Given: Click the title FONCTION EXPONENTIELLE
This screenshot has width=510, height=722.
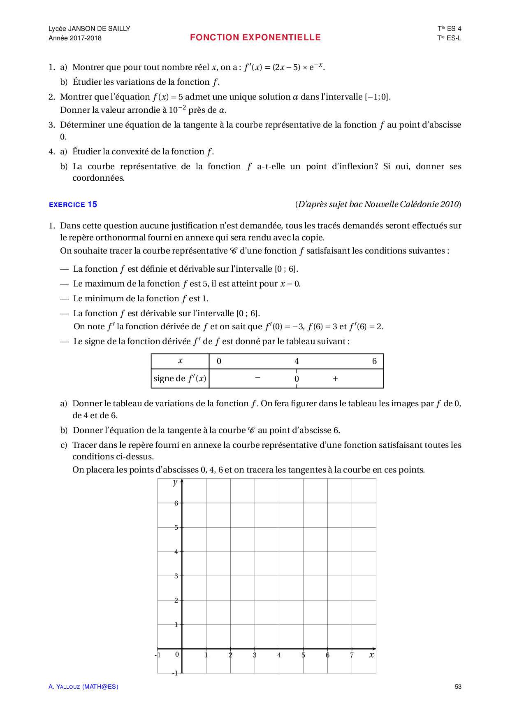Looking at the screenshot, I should pyautogui.click(x=255, y=37).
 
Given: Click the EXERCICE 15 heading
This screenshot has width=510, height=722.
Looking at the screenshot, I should pyautogui.click(x=73, y=205).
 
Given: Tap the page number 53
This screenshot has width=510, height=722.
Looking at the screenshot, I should pyautogui.click(x=458, y=687).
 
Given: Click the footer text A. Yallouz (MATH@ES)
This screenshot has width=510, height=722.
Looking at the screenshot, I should pyautogui.click(x=83, y=687).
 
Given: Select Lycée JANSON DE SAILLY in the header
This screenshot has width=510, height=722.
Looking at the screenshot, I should pyautogui.click(x=89, y=28).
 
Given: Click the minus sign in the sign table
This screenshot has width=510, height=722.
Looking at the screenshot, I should pyautogui.click(x=257, y=377).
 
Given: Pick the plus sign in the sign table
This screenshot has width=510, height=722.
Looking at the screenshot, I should pyautogui.click(x=335, y=379).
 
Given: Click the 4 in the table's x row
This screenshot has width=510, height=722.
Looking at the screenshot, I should pyautogui.click(x=297, y=361).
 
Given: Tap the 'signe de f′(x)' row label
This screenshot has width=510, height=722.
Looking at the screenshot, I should pyautogui.click(x=180, y=378).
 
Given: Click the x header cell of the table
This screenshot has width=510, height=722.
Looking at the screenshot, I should pyautogui.click(x=180, y=361).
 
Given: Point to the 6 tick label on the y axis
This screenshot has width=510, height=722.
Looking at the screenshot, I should pyautogui.click(x=176, y=503).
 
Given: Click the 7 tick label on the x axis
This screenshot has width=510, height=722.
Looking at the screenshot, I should pyautogui.click(x=352, y=655).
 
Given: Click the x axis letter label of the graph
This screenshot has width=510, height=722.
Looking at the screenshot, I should pyautogui.click(x=371, y=655).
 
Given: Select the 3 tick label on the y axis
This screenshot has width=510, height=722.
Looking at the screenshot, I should pyautogui.click(x=176, y=576).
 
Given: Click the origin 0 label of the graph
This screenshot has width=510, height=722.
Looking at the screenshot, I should pyautogui.click(x=177, y=654).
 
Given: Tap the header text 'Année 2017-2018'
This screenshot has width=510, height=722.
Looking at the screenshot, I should pyautogui.click(x=75, y=38).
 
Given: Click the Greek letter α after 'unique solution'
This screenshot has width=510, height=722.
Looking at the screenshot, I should pyautogui.click(x=295, y=97).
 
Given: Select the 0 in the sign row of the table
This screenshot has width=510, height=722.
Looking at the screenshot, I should pyautogui.click(x=297, y=379).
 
